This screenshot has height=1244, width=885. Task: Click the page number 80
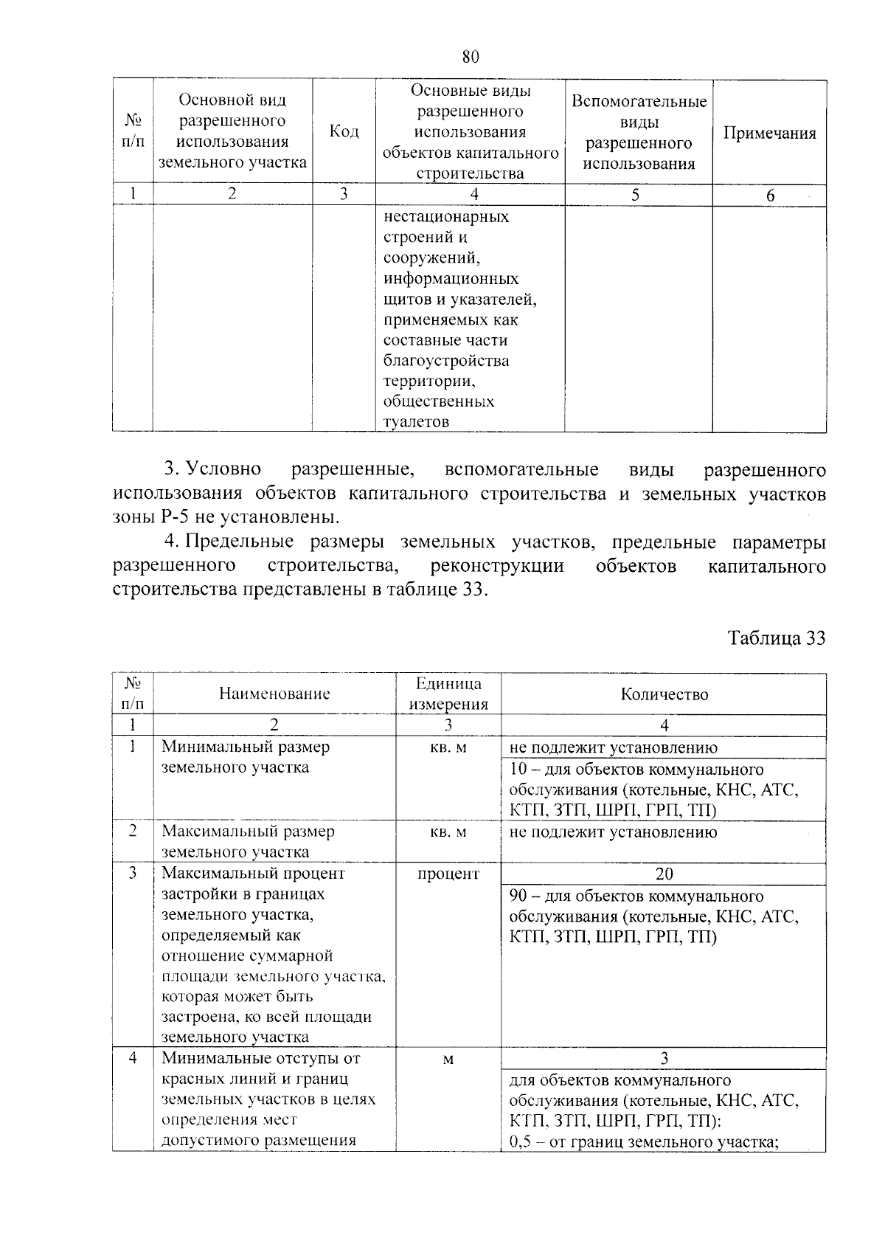tap(471, 57)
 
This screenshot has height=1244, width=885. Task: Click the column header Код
tap(344, 132)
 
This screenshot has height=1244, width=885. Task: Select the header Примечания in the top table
tap(769, 134)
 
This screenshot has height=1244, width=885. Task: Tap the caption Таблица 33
tap(776, 638)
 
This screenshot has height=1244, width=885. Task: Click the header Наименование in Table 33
tap(274, 694)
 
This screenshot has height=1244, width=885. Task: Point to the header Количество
tap(664, 694)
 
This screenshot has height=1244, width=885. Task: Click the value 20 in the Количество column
tap(664, 874)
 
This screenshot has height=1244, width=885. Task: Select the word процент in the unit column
tap(448, 874)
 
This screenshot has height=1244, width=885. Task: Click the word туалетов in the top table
tap(417, 422)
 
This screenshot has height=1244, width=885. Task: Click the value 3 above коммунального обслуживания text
tap(664, 1059)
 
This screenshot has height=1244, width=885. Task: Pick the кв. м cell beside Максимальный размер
tap(448, 832)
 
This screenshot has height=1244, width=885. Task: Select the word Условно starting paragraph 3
tap(223, 470)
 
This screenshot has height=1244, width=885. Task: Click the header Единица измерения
tap(448, 694)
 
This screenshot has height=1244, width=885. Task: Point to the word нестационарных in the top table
tap(445, 217)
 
